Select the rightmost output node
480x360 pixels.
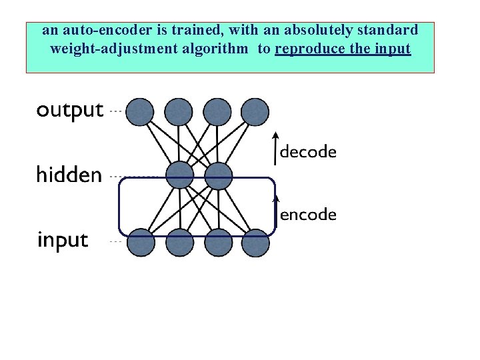pos(255,112)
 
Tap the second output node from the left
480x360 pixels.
pos(178,112)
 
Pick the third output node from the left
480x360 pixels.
pos(217,112)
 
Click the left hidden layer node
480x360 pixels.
pos(179,177)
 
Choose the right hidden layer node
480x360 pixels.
pos(218,177)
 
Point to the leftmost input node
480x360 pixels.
pos(141,242)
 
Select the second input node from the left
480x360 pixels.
pos(179,242)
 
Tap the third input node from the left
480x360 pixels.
pos(218,242)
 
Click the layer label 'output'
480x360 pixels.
pos(70,111)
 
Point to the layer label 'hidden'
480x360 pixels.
pos(69,175)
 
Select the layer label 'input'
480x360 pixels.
pos(62,240)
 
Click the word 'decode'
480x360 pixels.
pos(308,152)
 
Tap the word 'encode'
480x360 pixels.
pos(308,215)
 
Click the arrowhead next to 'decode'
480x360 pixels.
pos(276,138)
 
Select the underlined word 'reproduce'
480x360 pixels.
pos(308,49)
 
